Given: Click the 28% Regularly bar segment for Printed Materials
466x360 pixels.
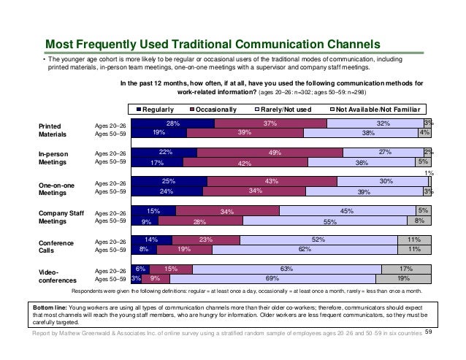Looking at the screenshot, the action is pos(173,123).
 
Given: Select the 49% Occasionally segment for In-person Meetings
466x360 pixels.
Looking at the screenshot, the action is pos(270,153).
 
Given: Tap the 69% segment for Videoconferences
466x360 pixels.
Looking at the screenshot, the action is pos(273,279).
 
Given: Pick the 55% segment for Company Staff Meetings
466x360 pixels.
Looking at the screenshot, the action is pos(325,221).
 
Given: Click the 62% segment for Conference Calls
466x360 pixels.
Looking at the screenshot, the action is pos(305,250).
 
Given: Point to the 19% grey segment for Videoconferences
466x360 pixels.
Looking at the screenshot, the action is pos(404,279).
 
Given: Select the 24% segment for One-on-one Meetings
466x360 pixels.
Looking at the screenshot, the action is pos(167,191).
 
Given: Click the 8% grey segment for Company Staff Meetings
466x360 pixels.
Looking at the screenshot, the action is pos(419,221).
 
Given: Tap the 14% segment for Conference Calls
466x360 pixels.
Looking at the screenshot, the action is pos(152,240).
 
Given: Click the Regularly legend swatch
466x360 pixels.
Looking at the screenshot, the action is pos(139,110).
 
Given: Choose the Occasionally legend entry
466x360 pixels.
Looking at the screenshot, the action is pos(213,110).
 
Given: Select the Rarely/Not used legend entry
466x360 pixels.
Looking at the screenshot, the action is pos(283,110).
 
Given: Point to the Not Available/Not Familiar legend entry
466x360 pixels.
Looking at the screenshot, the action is pos(375,110).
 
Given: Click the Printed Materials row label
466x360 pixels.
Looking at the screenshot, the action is pos(53,130).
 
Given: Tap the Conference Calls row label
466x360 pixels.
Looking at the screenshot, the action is pos(56,247).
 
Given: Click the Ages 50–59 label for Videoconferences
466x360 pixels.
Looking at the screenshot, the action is pos(110,279).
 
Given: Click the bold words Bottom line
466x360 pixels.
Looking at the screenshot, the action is pos(50,307).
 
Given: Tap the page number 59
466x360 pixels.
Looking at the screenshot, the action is pos(428,332).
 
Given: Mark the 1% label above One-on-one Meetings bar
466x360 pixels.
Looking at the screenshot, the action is pos(429,173).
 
